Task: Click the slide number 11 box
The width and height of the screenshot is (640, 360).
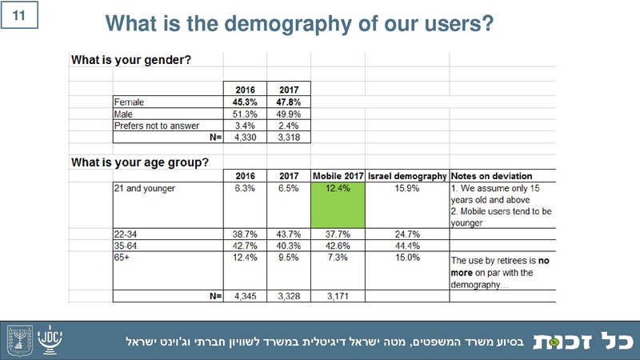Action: pyautogui.click(x=18, y=14)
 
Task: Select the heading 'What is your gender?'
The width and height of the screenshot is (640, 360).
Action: pyautogui.click(x=131, y=59)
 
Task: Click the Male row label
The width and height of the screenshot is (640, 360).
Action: pyautogui.click(x=123, y=114)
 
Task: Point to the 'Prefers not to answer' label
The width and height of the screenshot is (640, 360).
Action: pyautogui.click(x=152, y=126)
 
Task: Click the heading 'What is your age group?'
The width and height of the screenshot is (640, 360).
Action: pyautogui.click(x=141, y=162)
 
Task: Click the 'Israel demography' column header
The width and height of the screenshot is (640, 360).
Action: pyautogui.click(x=406, y=175)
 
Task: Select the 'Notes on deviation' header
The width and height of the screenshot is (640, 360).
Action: pyautogui.click(x=492, y=175)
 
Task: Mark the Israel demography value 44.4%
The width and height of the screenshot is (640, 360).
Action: pyautogui.click(x=406, y=245)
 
